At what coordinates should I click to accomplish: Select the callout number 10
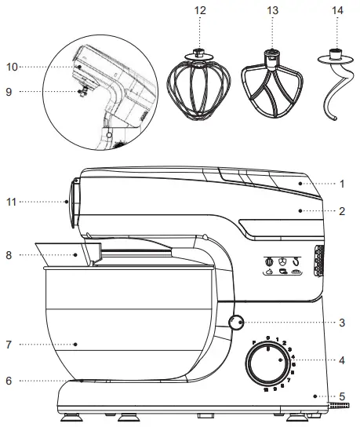click(x=12, y=66)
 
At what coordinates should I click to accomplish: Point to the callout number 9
click(x=9, y=91)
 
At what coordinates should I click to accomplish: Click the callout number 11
click(x=12, y=202)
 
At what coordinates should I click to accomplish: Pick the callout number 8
click(x=10, y=254)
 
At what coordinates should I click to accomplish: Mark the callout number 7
click(x=9, y=345)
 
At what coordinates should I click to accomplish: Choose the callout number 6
click(x=9, y=381)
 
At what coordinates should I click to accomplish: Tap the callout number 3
click(x=342, y=322)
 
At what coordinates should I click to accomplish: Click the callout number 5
click(x=342, y=396)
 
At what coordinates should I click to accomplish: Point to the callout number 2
click(x=342, y=211)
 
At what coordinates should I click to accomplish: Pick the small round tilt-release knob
click(x=237, y=322)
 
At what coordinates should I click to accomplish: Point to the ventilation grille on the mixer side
click(x=318, y=261)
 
